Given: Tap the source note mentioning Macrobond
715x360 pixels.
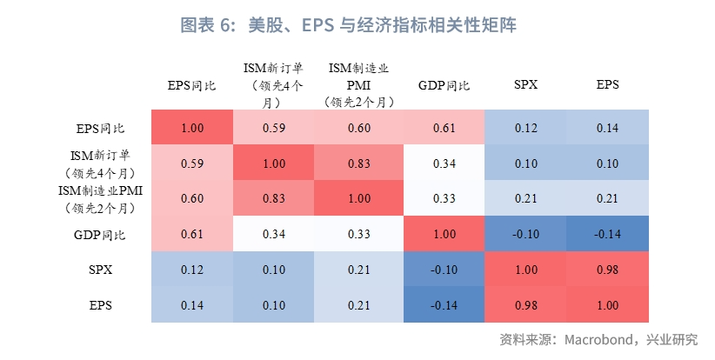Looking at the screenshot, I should point(598,338).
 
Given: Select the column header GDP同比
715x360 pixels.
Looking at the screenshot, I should point(444,85).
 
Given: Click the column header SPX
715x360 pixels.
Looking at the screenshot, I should point(525,85).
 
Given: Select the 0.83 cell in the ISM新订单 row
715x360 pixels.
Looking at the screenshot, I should point(359,163).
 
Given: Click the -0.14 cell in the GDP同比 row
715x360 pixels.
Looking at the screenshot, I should point(608,235).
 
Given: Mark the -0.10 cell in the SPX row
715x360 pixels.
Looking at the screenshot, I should point(443,270).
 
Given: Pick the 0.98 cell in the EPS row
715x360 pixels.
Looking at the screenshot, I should point(525,305).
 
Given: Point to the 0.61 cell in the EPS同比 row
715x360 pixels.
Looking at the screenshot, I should point(443,128).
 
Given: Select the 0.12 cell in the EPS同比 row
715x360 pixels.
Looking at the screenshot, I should point(525,128).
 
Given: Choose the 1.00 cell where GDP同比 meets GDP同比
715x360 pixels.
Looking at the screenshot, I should point(443,235).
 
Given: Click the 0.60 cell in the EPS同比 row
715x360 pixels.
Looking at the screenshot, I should point(359,128).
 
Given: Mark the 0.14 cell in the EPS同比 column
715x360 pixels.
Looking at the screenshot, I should point(192,305).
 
